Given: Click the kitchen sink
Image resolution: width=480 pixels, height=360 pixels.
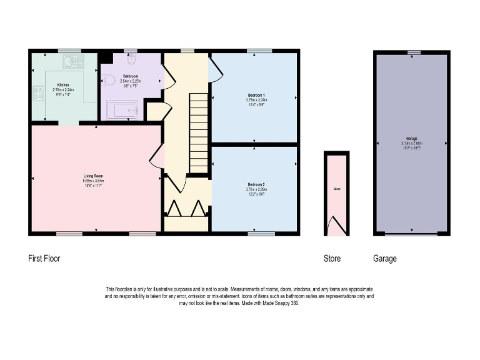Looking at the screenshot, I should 73,61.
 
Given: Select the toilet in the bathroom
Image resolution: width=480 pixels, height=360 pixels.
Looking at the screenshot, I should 107,80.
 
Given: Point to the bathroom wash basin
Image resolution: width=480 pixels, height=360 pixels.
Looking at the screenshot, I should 130,60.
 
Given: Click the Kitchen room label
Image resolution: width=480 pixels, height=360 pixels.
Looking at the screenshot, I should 63,85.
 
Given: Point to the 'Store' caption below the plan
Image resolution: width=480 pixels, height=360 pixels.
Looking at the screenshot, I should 332,258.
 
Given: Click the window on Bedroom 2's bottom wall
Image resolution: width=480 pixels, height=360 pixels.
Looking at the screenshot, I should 261,234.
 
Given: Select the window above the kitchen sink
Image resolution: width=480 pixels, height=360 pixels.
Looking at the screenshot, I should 69,51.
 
